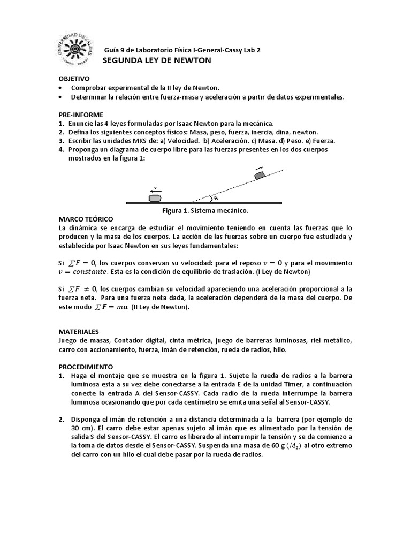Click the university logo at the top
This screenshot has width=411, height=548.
pyautogui.click(x=79, y=48)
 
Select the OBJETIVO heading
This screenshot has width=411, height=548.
pyautogui.click(x=74, y=79)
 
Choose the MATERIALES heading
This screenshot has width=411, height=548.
pyautogui.click(x=79, y=332)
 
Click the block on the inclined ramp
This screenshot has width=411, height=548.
pyautogui.click(x=260, y=174)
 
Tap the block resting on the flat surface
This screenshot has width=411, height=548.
pyautogui.click(x=155, y=198)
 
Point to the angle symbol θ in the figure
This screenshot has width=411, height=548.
pyautogui.click(x=216, y=199)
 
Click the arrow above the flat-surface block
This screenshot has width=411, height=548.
pyautogui.click(x=155, y=190)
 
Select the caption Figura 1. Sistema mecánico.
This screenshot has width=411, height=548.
pyautogui.click(x=205, y=211)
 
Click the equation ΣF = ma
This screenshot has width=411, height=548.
pyautogui.click(x=110, y=307)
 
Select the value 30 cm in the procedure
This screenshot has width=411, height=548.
pyautogui.click(x=79, y=428)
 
